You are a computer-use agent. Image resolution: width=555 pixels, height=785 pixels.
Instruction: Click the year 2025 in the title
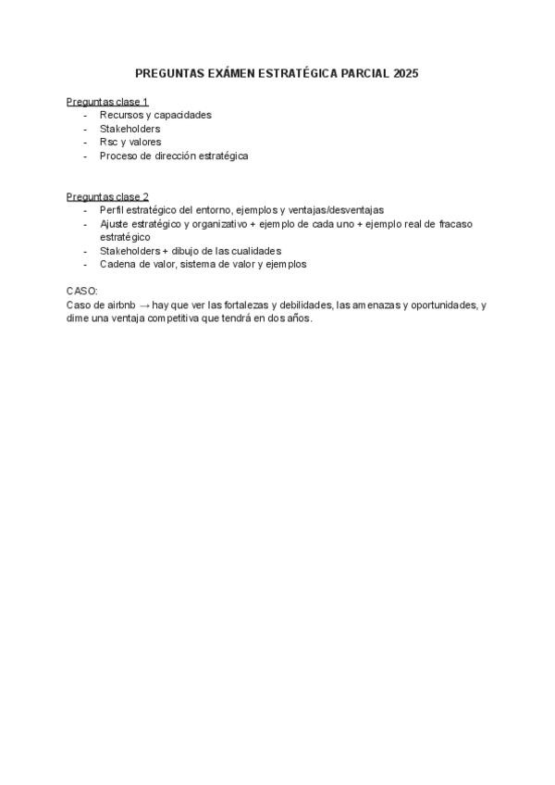coord(405,72)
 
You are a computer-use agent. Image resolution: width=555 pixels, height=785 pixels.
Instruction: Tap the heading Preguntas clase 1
coord(107,101)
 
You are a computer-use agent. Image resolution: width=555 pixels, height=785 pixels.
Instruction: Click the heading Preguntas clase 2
coord(107,196)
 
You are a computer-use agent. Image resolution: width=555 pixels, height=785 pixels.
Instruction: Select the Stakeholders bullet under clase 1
coord(129,129)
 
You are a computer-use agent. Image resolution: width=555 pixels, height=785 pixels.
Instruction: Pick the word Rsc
coord(108,142)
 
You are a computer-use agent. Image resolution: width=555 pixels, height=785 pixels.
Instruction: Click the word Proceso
coord(118,156)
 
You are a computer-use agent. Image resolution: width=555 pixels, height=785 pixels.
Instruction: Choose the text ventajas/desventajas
coord(336,210)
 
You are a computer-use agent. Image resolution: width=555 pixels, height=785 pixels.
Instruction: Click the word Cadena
coord(117,264)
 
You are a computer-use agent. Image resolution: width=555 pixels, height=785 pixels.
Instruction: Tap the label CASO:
coord(81,291)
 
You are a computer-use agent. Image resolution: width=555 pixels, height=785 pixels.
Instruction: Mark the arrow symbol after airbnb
coord(144,304)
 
